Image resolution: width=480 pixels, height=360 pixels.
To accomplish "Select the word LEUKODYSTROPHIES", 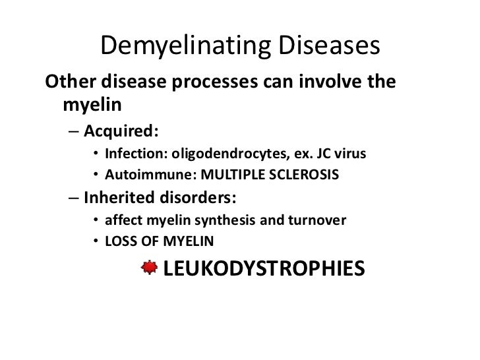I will (263, 268).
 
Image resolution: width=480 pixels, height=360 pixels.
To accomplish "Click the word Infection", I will (135, 155).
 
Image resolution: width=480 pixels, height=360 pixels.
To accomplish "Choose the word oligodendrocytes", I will (230, 155).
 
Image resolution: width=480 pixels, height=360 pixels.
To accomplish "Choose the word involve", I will (323, 84).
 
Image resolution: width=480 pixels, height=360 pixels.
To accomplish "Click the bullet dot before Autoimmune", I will (96, 175).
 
